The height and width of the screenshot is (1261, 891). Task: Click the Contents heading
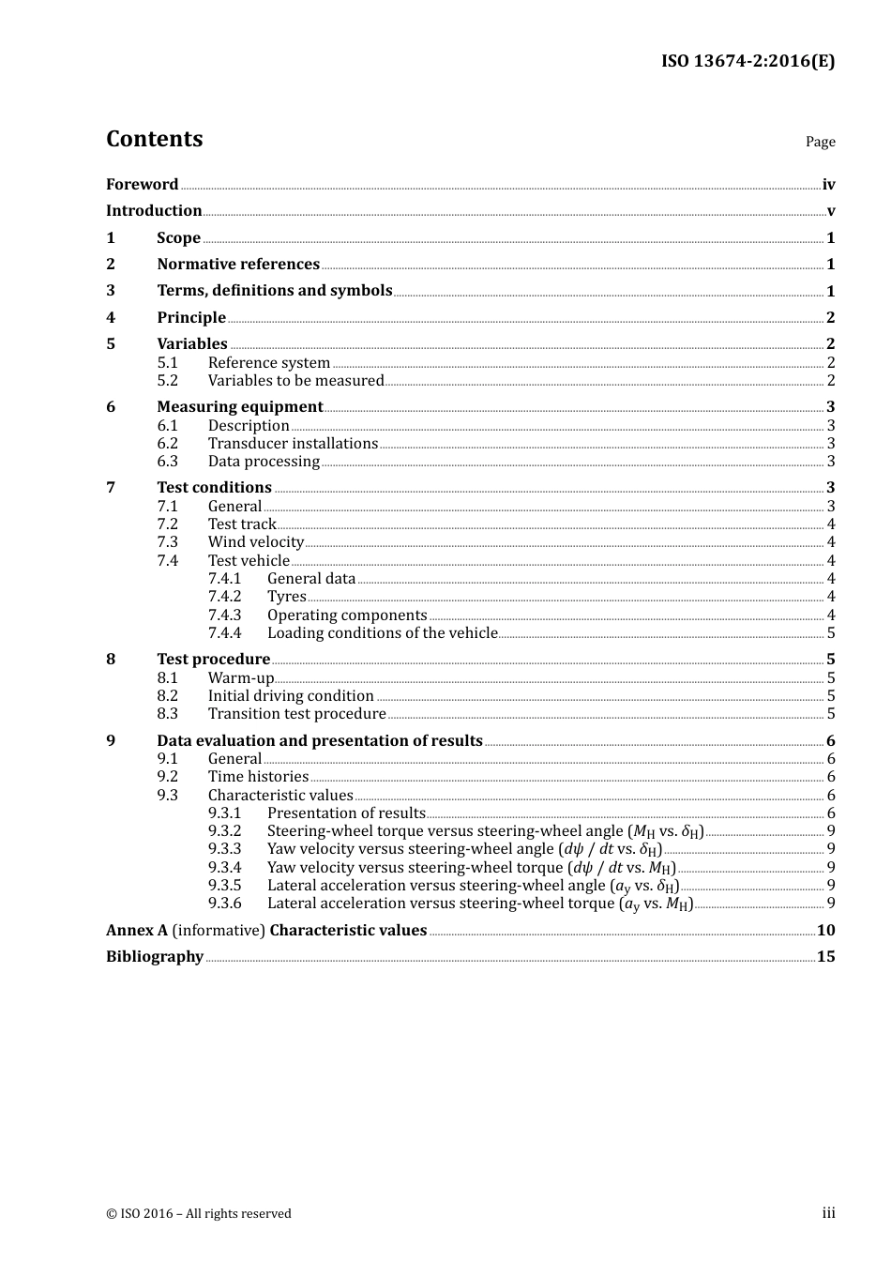[154, 139]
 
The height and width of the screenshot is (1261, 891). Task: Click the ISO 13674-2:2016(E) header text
[747, 61]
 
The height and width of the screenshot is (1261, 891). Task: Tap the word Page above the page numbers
[820, 142]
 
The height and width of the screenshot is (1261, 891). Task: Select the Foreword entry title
[142, 185]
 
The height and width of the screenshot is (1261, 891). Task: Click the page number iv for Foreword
[828, 185]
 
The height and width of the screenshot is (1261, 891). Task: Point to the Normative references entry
[238, 265]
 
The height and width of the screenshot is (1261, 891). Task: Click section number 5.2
[167, 381]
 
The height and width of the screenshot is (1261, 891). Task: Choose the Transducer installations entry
[293, 444]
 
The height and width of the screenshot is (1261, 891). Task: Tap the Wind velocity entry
[255, 542]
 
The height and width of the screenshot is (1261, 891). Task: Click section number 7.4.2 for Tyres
[224, 597]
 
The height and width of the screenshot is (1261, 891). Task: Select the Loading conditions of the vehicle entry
[382, 633]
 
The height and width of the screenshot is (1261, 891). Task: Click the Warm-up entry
[240, 678]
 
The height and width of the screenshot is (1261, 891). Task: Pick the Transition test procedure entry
[296, 714]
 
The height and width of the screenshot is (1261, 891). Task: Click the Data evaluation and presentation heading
[319, 741]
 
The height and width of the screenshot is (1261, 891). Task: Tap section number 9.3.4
[224, 868]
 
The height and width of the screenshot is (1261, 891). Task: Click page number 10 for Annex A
[825, 931]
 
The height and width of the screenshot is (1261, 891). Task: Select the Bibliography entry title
[155, 957]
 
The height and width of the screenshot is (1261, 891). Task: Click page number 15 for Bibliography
[825, 957]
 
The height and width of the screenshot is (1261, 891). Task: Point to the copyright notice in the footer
[199, 1214]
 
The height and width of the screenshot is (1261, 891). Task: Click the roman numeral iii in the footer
[828, 1213]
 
